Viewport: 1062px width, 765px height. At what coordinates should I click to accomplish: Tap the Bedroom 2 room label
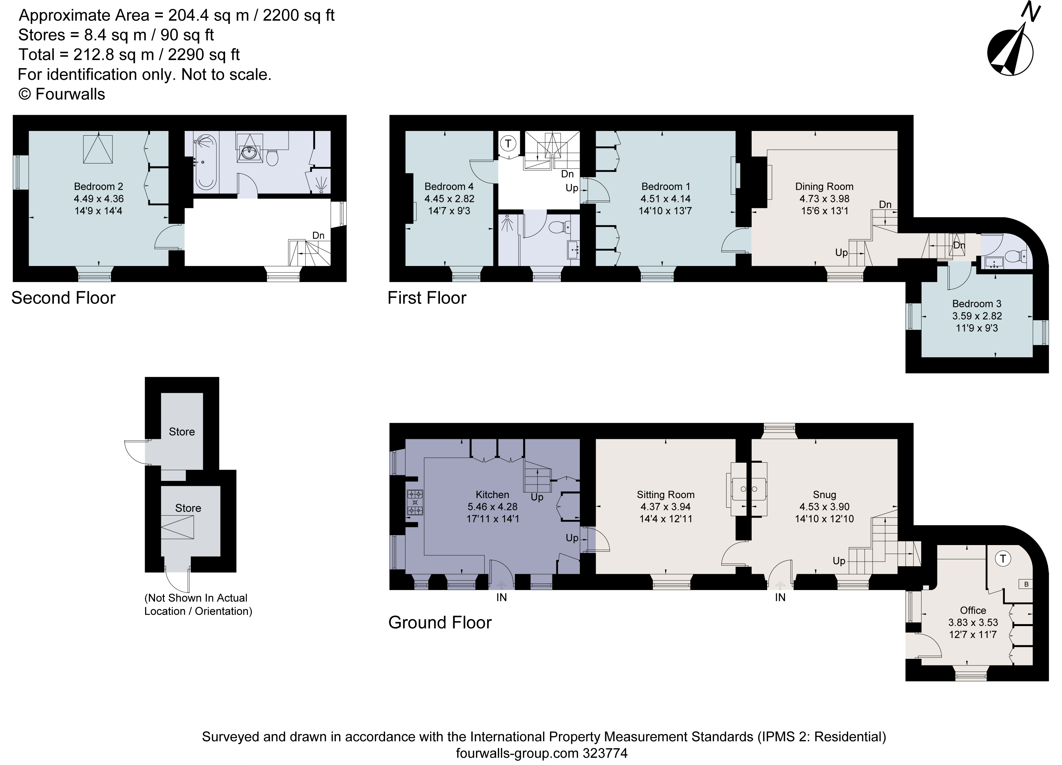[98, 187]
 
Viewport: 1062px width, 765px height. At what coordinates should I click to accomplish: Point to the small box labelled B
[1026, 584]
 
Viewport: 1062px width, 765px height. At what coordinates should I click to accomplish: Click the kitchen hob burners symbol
[415, 502]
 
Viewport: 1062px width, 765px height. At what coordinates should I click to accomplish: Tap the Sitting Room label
[665, 495]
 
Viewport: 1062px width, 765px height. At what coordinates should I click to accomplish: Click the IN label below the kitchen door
[501, 597]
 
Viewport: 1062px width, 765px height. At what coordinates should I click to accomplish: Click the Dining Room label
[824, 187]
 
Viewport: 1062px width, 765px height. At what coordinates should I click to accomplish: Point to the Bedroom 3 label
[977, 304]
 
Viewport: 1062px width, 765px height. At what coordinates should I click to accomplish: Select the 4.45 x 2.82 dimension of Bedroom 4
[449, 199]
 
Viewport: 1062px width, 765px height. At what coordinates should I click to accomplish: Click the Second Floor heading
[63, 298]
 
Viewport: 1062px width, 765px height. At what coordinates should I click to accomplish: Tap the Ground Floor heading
[440, 622]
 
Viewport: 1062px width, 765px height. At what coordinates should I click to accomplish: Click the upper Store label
[182, 432]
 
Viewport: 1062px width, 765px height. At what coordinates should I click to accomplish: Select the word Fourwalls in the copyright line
[70, 94]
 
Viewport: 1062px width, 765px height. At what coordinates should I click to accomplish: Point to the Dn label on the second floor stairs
[318, 235]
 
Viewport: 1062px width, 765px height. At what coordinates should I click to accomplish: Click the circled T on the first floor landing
[508, 143]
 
